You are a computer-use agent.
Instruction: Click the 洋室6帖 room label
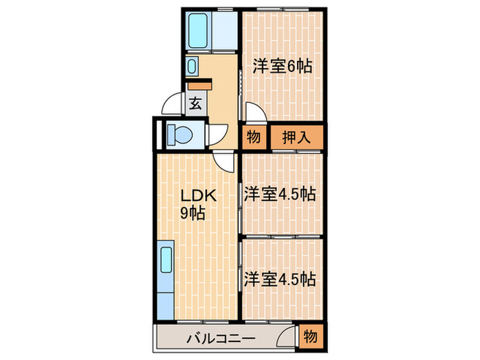click(282, 67)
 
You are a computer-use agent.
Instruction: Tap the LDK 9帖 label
click(198, 203)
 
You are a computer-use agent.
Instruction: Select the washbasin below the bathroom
click(192, 67)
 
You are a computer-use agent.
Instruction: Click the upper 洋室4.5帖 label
click(280, 194)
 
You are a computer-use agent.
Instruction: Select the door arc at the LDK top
click(223, 162)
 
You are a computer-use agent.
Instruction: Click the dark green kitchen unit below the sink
click(166, 301)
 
